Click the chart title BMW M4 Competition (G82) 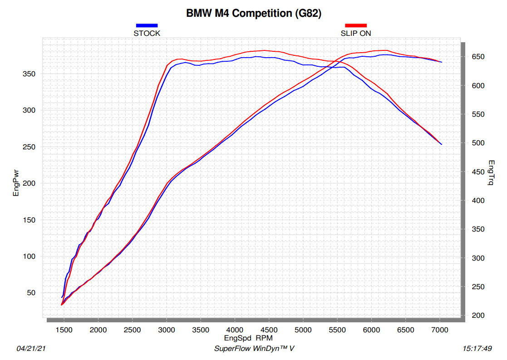[x=254, y=14]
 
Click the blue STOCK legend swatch [x=147, y=25]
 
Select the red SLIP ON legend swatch [x=356, y=25]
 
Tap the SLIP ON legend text [x=356, y=33]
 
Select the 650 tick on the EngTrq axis [x=477, y=57]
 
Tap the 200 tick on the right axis [x=477, y=316]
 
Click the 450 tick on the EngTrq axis [x=477, y=172]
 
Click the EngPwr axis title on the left [x=16, y=183]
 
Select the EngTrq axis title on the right [x=491, y=173]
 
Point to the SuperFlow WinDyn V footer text [x=254, y=349]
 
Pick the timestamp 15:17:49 [x=477, y=349]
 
